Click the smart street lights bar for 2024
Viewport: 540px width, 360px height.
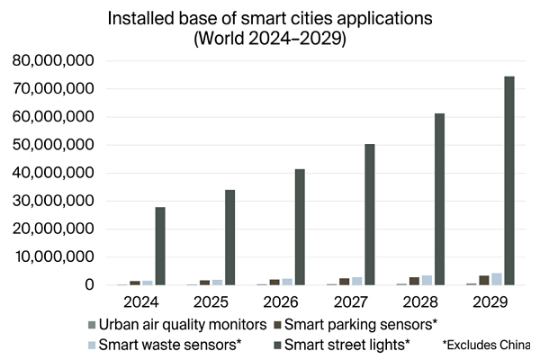pos(160,246)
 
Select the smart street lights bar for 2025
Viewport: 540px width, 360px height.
pos(229,238)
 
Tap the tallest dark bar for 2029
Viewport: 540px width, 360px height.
pos(508,180)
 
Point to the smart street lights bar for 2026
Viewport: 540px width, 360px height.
pos(300,227)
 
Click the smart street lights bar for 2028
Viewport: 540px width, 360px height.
pos(439,199)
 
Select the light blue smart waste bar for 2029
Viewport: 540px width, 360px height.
pos(497,279)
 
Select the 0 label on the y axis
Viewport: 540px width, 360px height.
pos(88,285)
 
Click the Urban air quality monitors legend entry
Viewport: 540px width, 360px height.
pos(180,323)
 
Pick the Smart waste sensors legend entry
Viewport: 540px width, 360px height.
pos(166,344)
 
